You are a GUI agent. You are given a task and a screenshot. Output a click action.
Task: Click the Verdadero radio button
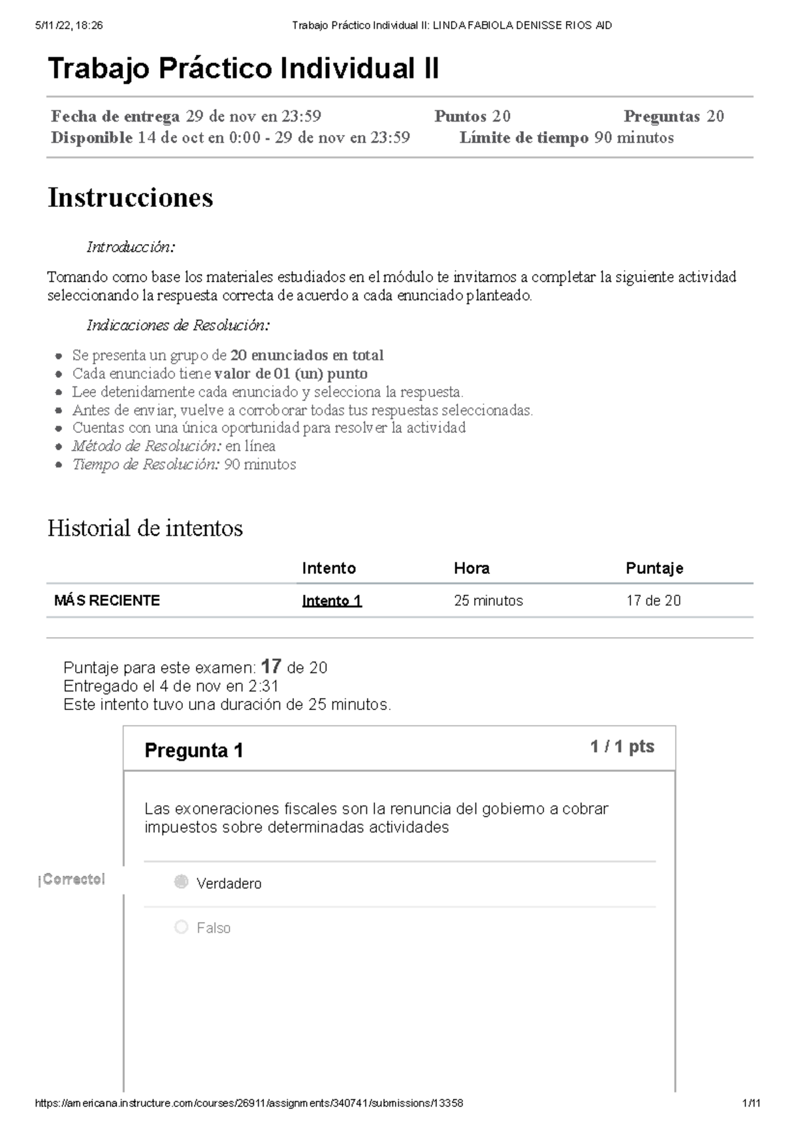pos(181,882)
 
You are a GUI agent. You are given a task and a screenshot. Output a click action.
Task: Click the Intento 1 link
pos(331,600)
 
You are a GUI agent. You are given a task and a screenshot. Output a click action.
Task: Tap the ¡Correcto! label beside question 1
pos(72,880)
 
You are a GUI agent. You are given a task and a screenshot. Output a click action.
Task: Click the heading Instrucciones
pos(130,197)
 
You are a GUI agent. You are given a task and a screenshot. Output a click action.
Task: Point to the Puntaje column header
pos(654,568)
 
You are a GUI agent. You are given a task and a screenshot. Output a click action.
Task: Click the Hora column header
pos(471,568)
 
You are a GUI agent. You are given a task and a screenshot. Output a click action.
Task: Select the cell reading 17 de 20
pos(653,600)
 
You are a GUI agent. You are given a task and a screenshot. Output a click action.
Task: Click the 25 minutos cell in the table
pos(488,600)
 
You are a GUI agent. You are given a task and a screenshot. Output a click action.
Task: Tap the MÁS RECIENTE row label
pos(107,600)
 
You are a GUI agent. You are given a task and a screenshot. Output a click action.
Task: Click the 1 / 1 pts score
pos(622,747)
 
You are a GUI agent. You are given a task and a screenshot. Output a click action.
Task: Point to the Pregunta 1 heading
pos(194,751)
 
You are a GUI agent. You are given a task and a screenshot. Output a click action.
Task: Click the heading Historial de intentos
pos(145,529)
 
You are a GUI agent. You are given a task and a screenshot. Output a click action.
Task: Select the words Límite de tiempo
pos(523,138)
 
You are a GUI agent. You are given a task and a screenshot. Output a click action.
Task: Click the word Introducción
pos(130,247)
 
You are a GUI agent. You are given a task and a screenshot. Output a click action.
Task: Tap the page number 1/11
pos(751,1103)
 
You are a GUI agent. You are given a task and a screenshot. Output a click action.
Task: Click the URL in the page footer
pos(248,1103)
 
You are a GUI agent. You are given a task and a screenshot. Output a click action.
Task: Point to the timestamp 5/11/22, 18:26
pos(69,25)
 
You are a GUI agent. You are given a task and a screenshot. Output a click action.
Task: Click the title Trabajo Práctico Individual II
pos(243,68)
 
